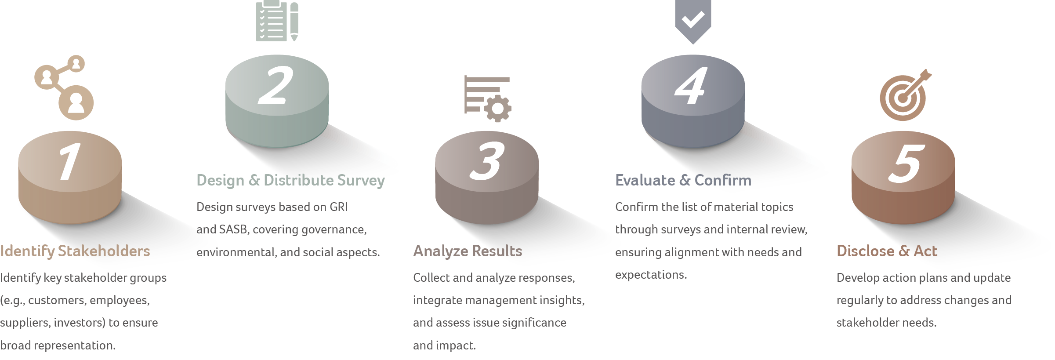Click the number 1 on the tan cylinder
click(69, 161)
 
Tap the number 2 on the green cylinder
click(276, 86)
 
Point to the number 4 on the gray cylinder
click(691, 86)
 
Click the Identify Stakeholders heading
click(75, 251)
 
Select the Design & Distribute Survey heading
click(290, 180)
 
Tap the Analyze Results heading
click(468, 251)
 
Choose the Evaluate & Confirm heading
click(683, 180)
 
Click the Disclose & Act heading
click(887, 251)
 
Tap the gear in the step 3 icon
click(498, 109)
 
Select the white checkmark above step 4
click(693, 19)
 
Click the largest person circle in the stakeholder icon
click(76, 103)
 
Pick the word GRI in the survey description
click(338, 207)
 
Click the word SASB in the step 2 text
click(233, 229)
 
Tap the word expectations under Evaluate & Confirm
click(650, 275)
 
